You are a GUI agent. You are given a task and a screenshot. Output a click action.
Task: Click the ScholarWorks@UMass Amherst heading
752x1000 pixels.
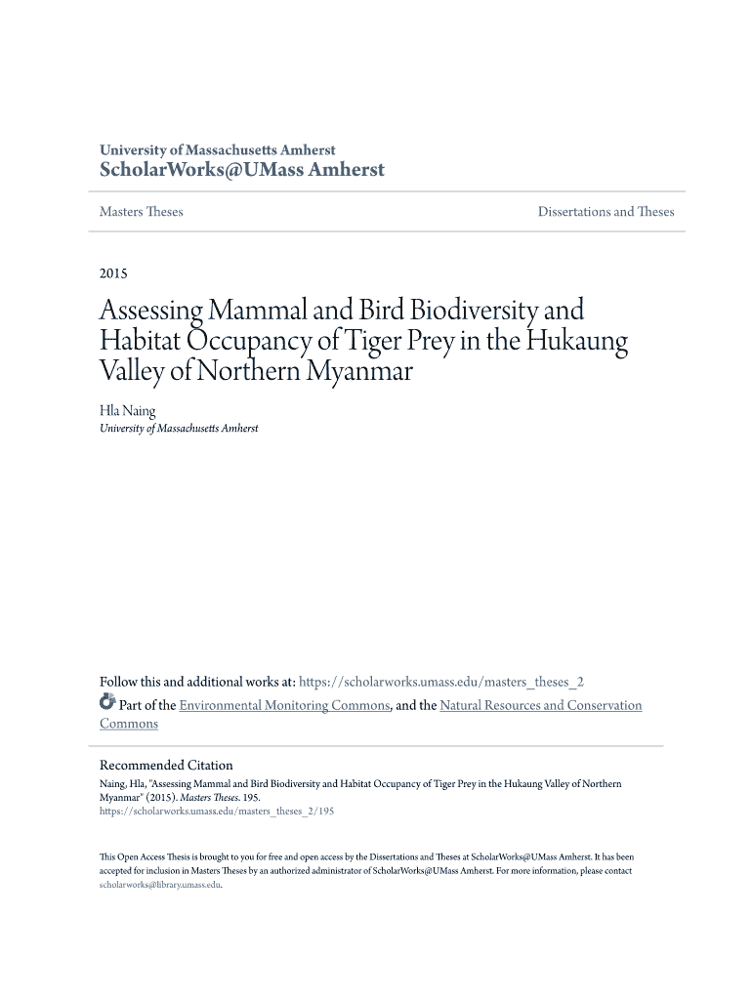242,171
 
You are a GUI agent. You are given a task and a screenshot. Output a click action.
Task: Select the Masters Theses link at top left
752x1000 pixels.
141,212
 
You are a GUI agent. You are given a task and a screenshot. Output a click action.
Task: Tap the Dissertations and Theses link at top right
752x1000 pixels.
606,212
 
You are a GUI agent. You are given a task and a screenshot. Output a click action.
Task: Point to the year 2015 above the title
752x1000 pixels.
113,273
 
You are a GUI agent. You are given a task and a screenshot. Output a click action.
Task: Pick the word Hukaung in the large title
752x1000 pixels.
577,342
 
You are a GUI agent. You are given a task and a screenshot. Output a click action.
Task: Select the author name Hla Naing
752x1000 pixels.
127,411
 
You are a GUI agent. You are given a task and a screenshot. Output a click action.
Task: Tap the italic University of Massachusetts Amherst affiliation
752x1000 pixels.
179,429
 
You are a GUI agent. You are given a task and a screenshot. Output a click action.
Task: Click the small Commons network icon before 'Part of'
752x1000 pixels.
107,703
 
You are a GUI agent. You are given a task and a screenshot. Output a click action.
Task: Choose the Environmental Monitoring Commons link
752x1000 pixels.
285,705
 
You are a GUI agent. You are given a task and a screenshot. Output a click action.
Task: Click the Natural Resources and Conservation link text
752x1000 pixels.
541,705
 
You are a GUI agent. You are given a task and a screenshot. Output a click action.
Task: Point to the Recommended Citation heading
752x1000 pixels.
166,766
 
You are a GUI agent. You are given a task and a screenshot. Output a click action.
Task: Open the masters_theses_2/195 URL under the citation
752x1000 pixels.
217,811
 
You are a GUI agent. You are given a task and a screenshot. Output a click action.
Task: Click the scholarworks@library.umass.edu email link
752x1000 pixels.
160,885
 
